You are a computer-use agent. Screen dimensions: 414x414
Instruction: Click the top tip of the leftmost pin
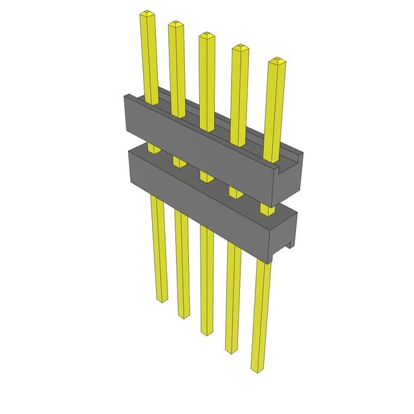pos(148,14)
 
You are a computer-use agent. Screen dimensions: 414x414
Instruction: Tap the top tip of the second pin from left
pos(176,25)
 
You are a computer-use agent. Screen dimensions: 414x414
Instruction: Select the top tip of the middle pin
pos(206,36)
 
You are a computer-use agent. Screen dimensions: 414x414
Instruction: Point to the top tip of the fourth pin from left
pos(240,48)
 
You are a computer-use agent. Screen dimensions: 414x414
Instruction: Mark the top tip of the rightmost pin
pos(276,61)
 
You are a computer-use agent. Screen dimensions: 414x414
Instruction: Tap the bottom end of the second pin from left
pos(183,316)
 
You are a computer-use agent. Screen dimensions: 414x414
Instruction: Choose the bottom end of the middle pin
pos(207,332)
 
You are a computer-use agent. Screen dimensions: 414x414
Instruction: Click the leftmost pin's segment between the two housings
pos(154,149)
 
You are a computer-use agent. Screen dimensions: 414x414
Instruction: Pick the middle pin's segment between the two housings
pos(206,176)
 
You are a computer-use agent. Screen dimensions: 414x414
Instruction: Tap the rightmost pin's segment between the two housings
pos(266,208)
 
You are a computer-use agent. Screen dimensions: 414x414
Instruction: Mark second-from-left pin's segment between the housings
pos(178,162)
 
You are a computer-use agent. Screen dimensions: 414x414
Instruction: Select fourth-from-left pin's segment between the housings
pos(234,192)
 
